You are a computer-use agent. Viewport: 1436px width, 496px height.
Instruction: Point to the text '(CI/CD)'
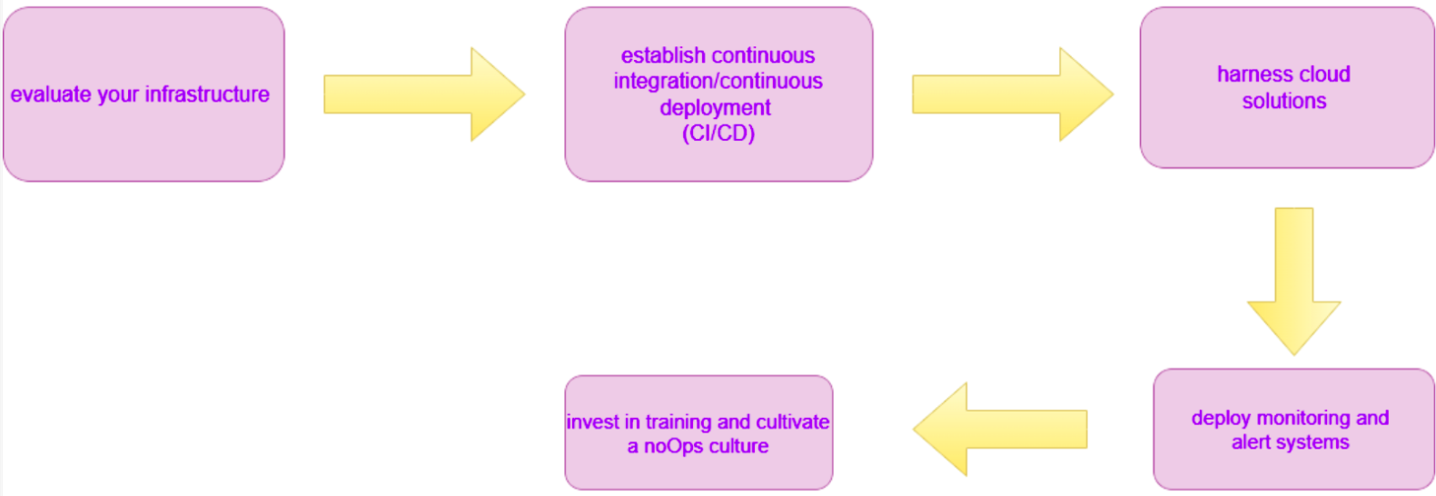718,134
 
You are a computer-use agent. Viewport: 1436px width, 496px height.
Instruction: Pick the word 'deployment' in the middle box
716,108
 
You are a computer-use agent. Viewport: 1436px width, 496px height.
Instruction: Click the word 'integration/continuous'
718,82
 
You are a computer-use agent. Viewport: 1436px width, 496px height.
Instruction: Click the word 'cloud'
1325,74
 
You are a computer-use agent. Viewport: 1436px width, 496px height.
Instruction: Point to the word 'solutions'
1284,101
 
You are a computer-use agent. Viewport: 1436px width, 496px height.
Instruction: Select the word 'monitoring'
1291,418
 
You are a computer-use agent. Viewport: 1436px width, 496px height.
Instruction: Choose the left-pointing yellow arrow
999,429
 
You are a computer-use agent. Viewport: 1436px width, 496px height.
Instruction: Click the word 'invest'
591,422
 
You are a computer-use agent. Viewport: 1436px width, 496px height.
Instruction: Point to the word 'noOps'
673,446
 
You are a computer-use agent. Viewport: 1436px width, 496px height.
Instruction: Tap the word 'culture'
738,446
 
